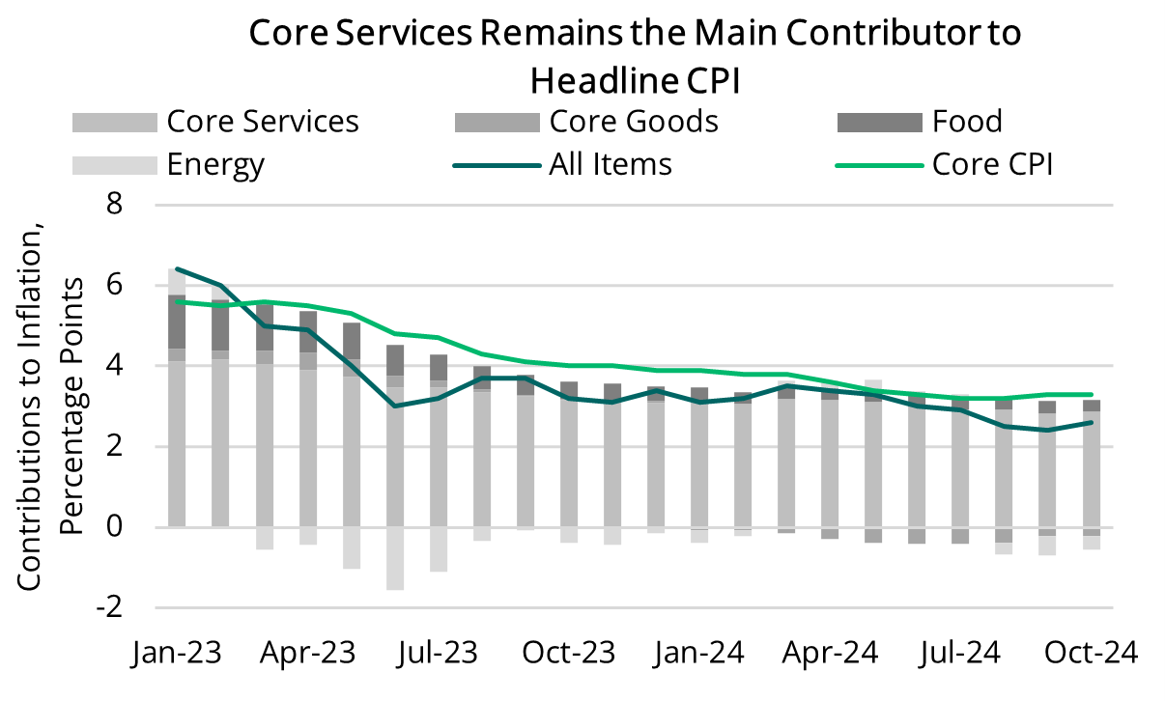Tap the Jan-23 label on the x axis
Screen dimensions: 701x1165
pos(176,653)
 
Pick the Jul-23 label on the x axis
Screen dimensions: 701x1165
pos(438,653)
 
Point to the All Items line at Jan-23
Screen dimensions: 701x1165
pos(177,269)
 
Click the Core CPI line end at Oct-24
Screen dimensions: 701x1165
pos(1091,394)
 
